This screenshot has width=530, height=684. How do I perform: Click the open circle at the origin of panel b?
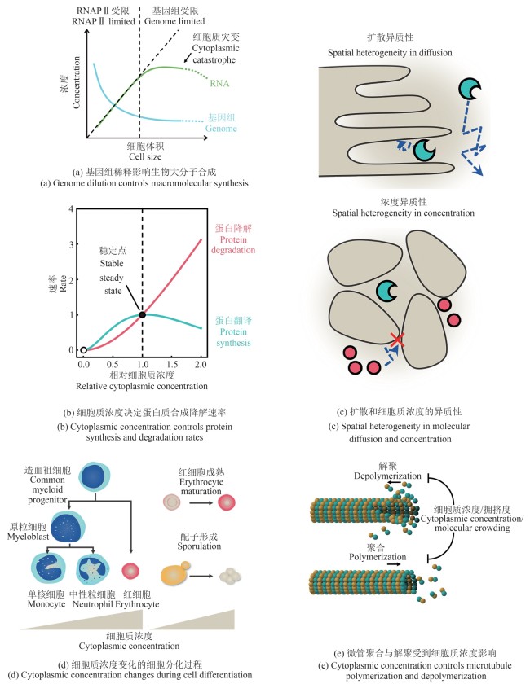84,350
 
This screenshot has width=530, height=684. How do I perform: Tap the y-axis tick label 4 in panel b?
71,209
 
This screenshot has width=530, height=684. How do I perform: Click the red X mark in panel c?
396,338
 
